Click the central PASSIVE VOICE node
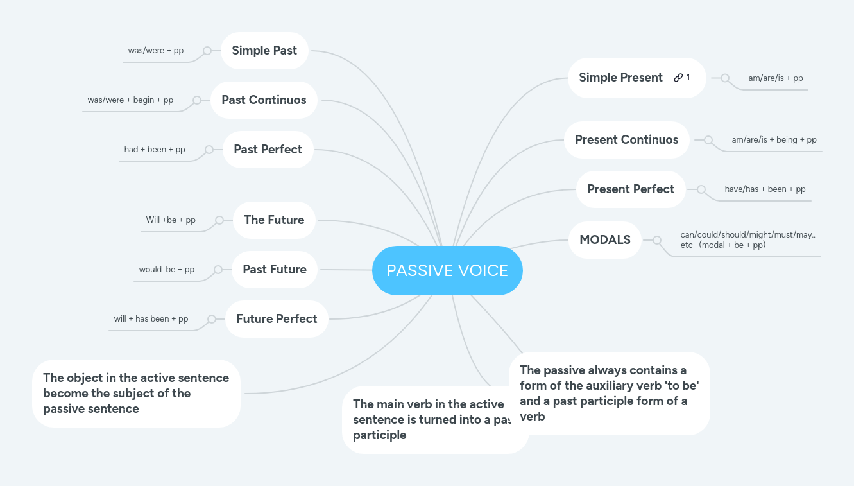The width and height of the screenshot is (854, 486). (447, 270)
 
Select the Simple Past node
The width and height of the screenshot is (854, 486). (264, 51)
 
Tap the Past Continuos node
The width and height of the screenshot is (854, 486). (264, 100)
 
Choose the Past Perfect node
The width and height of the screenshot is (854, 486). (268, 150)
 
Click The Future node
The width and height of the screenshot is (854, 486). (274, 220)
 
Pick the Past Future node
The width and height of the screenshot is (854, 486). (275, 270)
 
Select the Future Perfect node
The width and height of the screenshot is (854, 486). (277, 319)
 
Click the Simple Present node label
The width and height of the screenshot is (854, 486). (620, 78)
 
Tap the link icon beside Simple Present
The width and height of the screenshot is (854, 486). (678, 78)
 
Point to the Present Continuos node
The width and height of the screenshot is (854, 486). (626, 140)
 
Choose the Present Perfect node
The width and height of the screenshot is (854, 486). (631, 189)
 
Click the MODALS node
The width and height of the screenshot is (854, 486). (605, 240)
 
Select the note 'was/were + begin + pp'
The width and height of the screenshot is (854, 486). (130, 100)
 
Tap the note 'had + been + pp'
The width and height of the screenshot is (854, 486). (155, 150)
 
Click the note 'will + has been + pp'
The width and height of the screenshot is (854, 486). (151, 319)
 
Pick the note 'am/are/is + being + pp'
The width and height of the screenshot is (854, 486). (774, 140)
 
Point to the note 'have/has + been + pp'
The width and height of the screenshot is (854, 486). (765, 189)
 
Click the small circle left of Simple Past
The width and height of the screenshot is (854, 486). (207, 51)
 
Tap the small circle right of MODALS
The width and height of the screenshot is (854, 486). (657, 240)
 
